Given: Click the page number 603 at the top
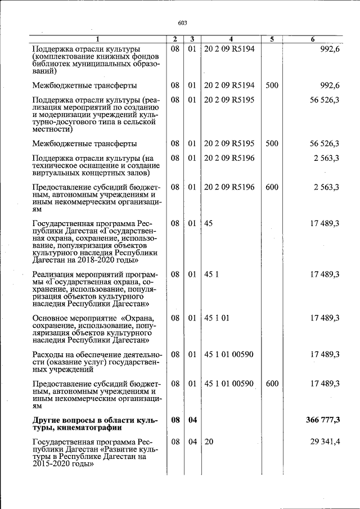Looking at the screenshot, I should tap(182, 23).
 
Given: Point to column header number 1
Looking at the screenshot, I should tap(97, 39).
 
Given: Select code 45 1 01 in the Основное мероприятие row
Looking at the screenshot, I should tap(217, 318).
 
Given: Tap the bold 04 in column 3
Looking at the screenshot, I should tap(192, 420).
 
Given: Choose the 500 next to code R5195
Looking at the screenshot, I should tap(272, 143).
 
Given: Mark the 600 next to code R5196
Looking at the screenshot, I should tap(272, 187).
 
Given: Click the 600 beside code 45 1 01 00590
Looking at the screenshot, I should tap(272, 384).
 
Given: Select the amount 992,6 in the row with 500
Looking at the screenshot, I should tap(327, 85).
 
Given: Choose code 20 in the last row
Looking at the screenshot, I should tap(209, 442).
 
